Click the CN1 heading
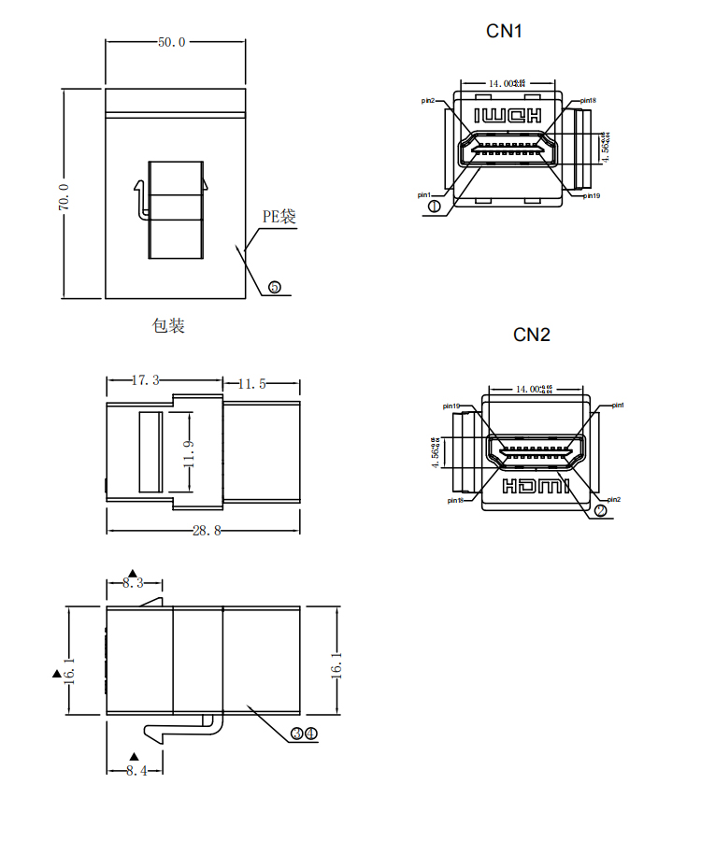(x=504, y=31)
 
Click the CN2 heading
(x=532, y=335)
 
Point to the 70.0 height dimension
(x=64, y=197)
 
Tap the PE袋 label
(x=279, y=217)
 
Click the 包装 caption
(x=168, y=325)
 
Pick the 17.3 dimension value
(x=145, y=381)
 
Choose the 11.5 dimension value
(x=252, y=383)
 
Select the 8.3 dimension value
(x=134, y=583)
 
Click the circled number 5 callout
(x=275, y=287)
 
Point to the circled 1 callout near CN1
(x=434, y=206)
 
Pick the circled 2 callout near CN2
(x=601, y=510)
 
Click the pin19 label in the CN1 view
(x=591, y=195)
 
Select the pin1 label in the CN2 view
(x=618, y=406)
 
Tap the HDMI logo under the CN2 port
(x=536, y=486)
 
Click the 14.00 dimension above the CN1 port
(x=506, y=83)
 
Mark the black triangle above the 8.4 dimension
(x=134, y=756)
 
